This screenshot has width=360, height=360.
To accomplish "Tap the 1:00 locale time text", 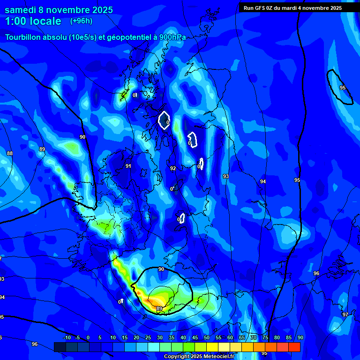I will (33, 21).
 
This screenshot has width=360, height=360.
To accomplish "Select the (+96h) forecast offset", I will (81, 21).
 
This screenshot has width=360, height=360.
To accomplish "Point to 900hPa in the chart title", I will (172, 37).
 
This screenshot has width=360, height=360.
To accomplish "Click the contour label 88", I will (10, 153).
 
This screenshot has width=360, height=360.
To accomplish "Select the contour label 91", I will (128, 166).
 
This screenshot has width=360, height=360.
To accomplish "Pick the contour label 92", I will (173, 168).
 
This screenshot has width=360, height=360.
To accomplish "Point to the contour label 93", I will (226, 176).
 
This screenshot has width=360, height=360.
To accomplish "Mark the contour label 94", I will (263, 181).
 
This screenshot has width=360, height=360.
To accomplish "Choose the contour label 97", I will (345, 315).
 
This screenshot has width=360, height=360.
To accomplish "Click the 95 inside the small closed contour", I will (343, 88).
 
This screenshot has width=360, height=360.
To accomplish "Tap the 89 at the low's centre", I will (159, 308).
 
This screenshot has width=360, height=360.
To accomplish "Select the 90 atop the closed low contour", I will (161, 269).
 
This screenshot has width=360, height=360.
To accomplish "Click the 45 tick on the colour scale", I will (195, 338).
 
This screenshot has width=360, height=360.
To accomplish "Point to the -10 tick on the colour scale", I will (67, 338).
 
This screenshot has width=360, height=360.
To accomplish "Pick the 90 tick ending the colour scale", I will (300, 338).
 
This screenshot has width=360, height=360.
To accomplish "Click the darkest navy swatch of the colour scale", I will (60, 347).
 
